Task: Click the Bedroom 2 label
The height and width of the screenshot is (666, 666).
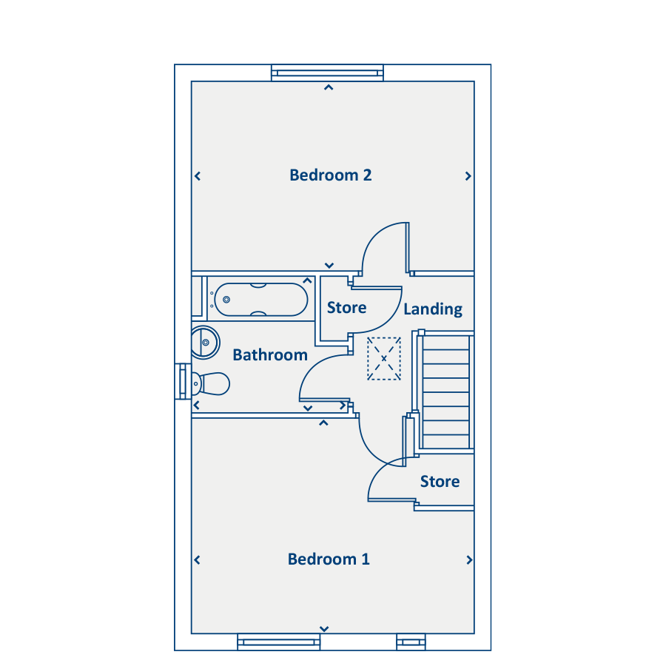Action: tap(331, 175)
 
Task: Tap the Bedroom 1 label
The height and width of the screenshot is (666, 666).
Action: tap(329, 559)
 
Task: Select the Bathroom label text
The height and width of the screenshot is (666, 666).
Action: tap(270, 354)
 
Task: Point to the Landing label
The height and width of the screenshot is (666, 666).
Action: tap(433, 309)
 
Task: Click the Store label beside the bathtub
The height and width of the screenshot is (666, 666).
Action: tap(346, 308)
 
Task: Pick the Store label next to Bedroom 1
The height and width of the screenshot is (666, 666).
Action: tap(440, 481)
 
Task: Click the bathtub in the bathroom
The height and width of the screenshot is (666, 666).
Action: tap(260, 300)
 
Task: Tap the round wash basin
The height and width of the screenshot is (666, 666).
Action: tap(205, 343)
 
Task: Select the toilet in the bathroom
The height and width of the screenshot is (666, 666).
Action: tap(211, 383)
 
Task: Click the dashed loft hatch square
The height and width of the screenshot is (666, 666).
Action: tap(384, 358)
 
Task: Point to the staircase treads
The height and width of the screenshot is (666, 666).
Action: tap(446, 391)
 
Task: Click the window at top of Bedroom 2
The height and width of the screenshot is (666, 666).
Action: tap(328, 73)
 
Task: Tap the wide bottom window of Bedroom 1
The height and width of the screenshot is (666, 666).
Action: tap(279, 642)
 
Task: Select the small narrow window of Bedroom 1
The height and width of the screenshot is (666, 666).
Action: tap(411, 642)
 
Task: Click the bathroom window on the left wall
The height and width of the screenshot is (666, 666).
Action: tap(183, 381)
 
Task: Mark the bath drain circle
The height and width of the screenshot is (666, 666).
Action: tap(226, 300)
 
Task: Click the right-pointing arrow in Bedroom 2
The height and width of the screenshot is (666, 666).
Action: tap(468, 176)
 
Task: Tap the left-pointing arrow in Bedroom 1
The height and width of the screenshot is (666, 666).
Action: tap(197, 560)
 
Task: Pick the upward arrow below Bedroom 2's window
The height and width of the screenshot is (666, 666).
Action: tap(329, 87)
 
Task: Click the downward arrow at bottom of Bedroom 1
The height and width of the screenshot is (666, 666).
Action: tap(324, 628)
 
